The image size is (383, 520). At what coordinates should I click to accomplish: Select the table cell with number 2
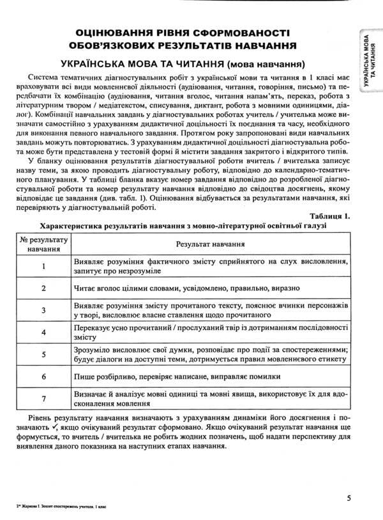43,288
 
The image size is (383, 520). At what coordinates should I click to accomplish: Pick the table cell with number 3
43,310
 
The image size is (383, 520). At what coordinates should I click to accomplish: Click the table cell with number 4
43,333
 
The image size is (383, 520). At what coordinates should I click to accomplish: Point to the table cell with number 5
43,355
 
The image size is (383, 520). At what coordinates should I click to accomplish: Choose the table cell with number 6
43,377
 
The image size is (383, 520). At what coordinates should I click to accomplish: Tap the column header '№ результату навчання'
43,244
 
